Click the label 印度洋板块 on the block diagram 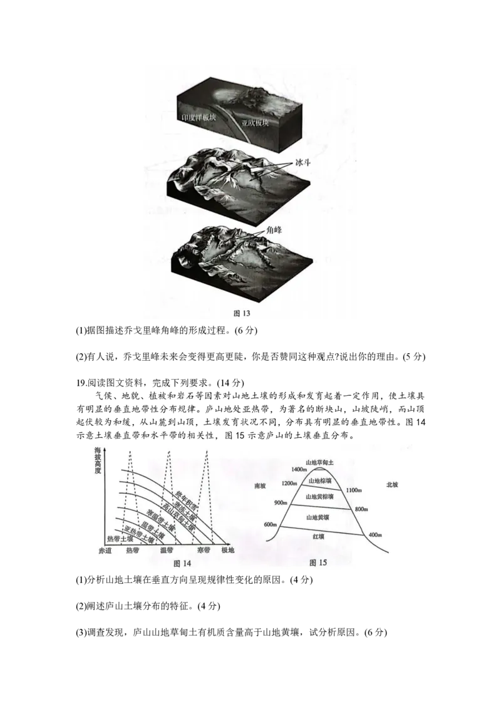pyautogui.click(x=197, y=118)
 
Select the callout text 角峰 pyautogui.click(x=274, y=230)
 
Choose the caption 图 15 pyautogui.click(x=318, y=562)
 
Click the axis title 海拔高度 pyautogui.click(x=98, y=460)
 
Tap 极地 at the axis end pyautogui.click(x=227, y=551)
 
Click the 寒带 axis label pyautogui.click(x=203, y=551)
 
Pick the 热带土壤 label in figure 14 pyautogui.click(x=120, y=539)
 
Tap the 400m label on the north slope pyautogui.click(x=376, y=534)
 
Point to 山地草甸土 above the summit pyautogui.click(x=320, y=462)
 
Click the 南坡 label pyautogui.click(x=261, y=485)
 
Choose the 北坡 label pyautogui.click(x=392, y=485)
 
